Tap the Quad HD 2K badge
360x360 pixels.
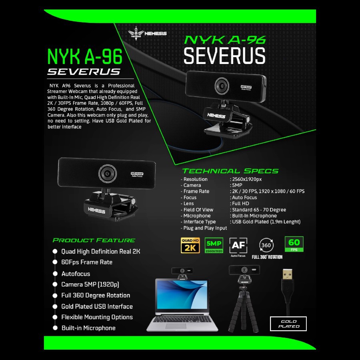click(190, 245)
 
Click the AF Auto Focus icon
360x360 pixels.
click(238, 245)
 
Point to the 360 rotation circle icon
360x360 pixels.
click(266, 244)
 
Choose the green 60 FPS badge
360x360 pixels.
click(294, 244)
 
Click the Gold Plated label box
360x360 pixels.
click(288, 324)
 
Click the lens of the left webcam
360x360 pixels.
click(107, 173)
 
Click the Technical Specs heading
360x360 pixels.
click(230, 171)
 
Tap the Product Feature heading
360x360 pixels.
click(94, 240)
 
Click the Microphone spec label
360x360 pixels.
click(197, 216)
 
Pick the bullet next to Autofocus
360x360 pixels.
click(55, 274)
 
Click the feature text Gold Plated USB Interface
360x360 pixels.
click(97, 306)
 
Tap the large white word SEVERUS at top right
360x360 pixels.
click(224, 56)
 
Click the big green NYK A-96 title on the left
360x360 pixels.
click(85, 56)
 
